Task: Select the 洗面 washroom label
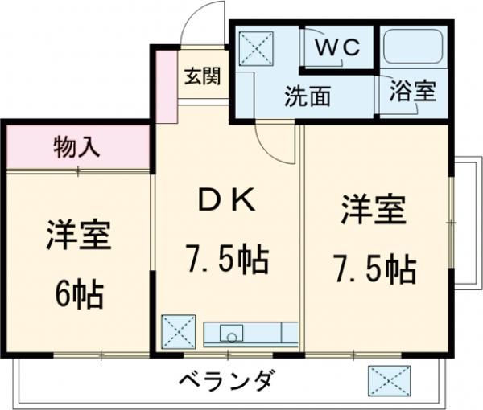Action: point(307,96)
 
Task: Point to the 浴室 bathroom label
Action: point(413,91)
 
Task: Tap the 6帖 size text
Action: point(78,294)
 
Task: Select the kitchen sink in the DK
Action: point(231,332)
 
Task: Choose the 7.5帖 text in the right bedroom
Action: point(376,269)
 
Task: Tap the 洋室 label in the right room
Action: point(373,211)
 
